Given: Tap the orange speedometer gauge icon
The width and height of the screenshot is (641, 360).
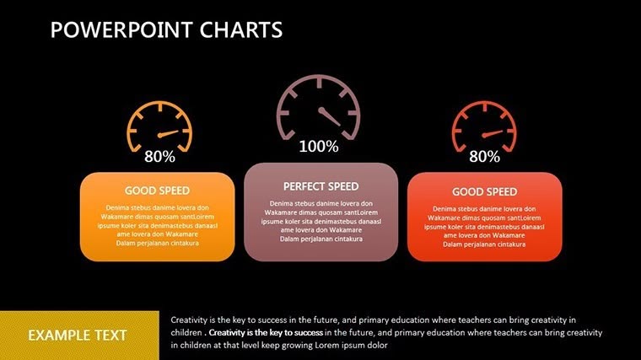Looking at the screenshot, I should (159, 127).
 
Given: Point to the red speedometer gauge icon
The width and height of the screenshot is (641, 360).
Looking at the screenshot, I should (484, 127).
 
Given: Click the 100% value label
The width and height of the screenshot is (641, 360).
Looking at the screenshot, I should (319, 147).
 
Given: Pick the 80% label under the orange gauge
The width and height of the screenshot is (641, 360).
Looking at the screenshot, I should (159, 156).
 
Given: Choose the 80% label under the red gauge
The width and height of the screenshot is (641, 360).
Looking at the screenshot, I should (484, 156).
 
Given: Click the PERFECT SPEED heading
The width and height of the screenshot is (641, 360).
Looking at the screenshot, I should (320, 186).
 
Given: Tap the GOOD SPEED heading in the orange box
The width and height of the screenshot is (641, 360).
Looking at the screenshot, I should (157, 191).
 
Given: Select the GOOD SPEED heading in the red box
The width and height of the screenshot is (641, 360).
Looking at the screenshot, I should (484, 191).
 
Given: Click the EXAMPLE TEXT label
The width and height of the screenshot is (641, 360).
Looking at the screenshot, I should (78, 336).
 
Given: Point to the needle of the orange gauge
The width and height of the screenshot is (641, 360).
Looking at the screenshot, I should (168, 133).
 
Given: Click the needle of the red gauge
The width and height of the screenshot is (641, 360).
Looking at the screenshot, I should (493, 133).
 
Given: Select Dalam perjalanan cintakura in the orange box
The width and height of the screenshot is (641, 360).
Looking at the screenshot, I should (157, 244).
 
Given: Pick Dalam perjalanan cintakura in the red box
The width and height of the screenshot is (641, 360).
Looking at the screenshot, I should (484, 244).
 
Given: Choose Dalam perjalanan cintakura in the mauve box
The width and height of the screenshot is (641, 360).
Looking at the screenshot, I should (320, 239).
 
